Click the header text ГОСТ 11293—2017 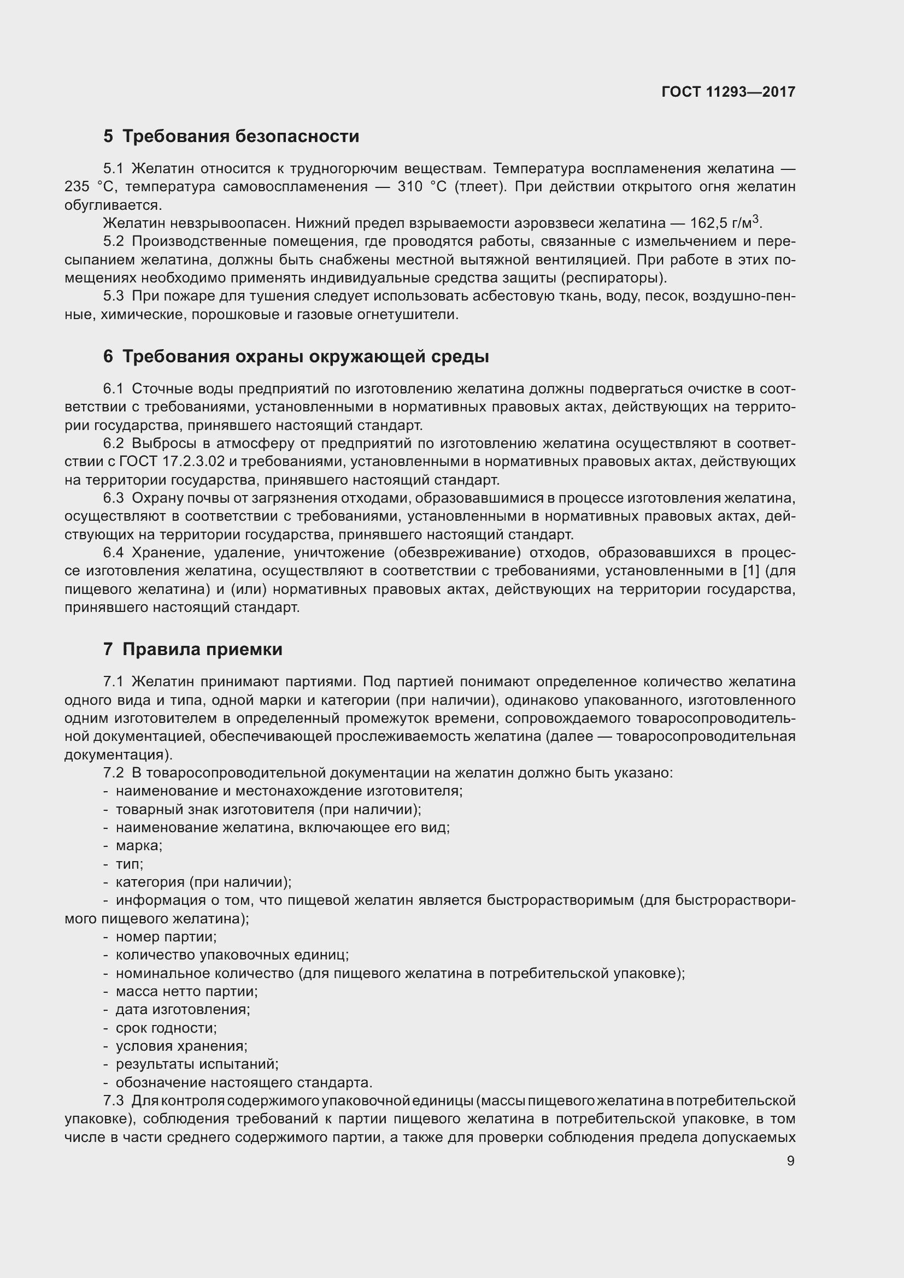click(728, 92)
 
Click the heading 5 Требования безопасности click(231, 137)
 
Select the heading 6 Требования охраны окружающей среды click(296, 357)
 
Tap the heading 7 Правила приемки click(192, 650)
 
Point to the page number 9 click(790, 1161)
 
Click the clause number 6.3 click(114, 498)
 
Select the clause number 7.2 click(114, 773)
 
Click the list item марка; click(139, 846)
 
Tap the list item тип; click(129, 864)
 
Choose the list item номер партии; click(166, 938)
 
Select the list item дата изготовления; click(183, 1010)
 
